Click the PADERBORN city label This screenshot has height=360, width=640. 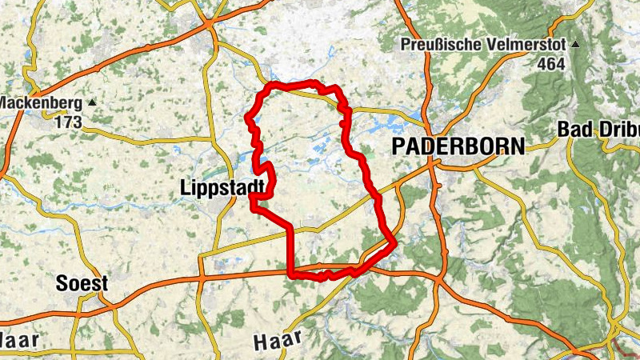(x=458, y=146)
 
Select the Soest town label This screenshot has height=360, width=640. (x=82, y=284)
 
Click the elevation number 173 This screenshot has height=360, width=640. (x=70, y=123)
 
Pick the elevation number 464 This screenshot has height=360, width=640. (x=549, y=64)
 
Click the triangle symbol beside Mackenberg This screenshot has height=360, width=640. (x=93, y=102)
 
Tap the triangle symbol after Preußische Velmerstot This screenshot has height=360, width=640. (x=575, y=43)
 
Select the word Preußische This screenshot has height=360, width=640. (x=438, y=44)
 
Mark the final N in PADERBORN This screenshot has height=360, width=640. (x=518, y=146)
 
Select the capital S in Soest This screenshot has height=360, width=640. (x=62, y=284)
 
